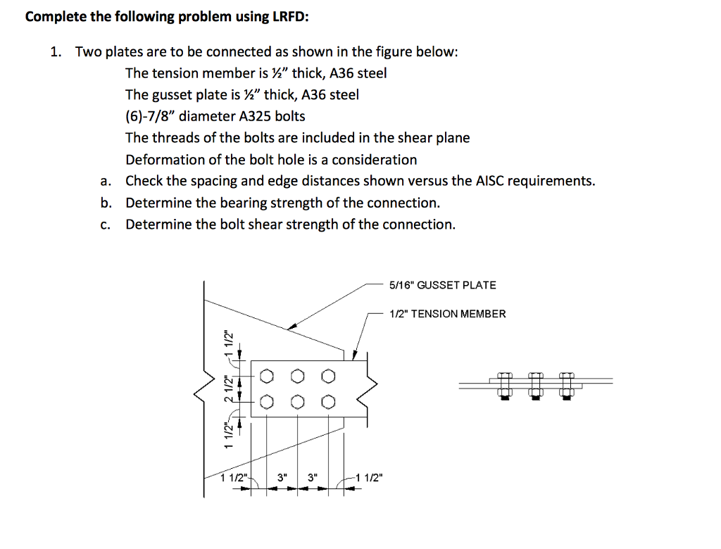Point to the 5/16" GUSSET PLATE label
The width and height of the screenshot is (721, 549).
coord(442,285)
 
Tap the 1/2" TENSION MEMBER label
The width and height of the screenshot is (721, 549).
coord(447,314)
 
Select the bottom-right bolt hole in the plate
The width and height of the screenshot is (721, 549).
coord(327,402)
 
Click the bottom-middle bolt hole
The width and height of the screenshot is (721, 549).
coord(297,402)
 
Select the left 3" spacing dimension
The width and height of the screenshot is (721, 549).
coord(282,478)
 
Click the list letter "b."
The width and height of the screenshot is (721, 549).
coord(106,203)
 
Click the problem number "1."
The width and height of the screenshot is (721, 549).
coord(56,51)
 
